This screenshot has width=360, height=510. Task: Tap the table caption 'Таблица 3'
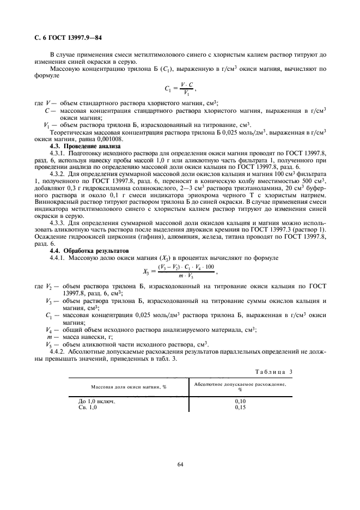(274, 372)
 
